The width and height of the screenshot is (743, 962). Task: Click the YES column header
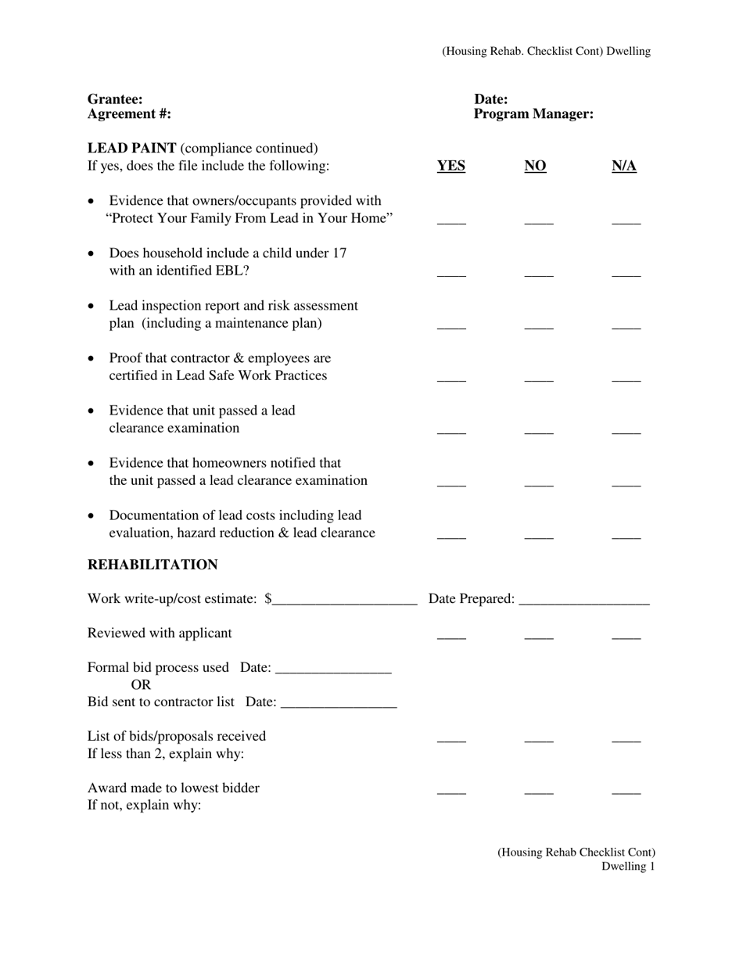(450, 166)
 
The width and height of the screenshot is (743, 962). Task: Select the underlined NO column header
(535, 166)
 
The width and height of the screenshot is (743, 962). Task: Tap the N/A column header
(623, 166)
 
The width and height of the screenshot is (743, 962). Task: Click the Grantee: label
(115, 99)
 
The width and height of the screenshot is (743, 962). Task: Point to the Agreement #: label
(129, 114)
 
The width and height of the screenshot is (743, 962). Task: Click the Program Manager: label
(533, 114)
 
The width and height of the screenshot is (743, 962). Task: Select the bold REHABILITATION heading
(153, 565)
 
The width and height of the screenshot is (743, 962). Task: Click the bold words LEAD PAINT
(131, 149)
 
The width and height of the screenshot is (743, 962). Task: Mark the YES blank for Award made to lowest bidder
(451, 791)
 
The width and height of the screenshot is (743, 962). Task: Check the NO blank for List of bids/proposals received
(539, 739)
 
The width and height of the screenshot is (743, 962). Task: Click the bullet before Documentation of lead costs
(92, 516)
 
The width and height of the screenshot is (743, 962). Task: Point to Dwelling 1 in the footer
(628, 867)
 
